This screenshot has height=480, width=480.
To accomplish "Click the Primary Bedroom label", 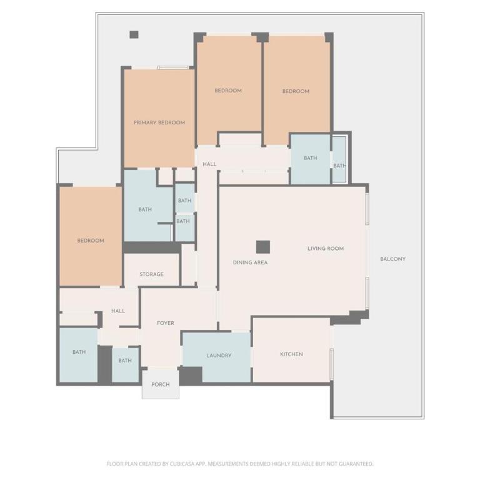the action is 159,122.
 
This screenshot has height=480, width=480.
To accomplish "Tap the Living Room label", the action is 326,249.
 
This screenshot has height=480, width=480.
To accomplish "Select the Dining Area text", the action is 250,262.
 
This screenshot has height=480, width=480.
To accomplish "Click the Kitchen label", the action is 291,354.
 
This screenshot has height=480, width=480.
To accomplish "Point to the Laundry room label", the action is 219,356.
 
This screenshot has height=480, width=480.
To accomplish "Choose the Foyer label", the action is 165,323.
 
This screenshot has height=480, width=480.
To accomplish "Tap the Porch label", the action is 161,384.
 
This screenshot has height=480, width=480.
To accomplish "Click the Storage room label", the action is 151,274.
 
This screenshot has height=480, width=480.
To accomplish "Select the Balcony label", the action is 392,259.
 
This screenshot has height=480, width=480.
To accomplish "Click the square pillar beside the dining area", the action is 263,247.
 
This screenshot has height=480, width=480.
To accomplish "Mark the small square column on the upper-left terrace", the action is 134,34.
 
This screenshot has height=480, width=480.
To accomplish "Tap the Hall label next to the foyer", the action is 118,311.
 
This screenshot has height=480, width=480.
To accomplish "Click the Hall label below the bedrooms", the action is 209,164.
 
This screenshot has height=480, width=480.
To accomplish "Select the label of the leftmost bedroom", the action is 91,241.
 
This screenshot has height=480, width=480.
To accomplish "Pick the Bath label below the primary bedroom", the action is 145,210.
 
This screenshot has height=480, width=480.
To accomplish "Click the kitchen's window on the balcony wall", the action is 331,364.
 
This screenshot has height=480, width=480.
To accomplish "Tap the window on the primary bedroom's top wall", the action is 173,67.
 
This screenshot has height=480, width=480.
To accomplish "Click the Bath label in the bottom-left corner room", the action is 79,352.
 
